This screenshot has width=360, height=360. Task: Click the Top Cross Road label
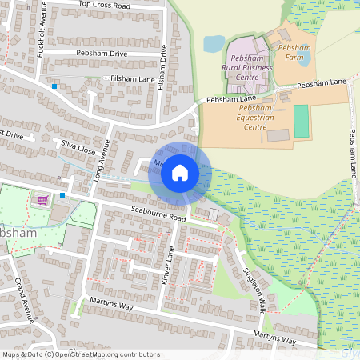click(104, 5)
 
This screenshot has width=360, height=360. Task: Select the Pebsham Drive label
click(102, 53)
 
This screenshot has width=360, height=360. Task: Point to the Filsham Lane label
click(131, 78)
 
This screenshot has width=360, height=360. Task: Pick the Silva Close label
click(78, 149)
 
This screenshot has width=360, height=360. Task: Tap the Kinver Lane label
click(170, 266)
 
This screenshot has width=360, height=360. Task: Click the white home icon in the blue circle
click(180, 172)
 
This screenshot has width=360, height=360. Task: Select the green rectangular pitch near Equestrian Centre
click(301, 121)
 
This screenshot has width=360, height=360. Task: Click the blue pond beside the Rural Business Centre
click(214, 43)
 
